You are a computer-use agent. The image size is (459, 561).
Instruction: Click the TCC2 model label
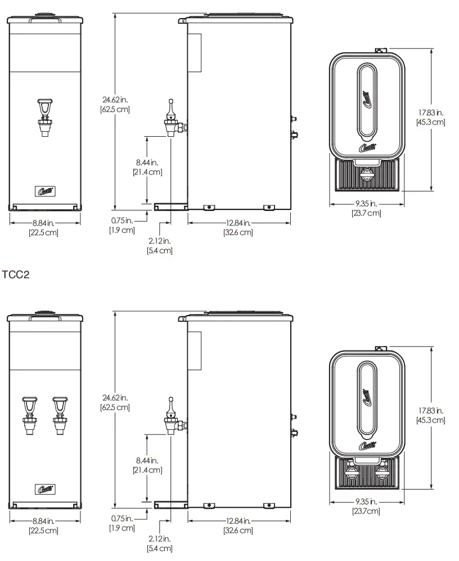(x=15, y=275)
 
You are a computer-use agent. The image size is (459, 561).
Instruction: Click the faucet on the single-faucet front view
(x=44, y=117)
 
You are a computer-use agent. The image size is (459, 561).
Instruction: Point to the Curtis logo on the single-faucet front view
(x=44, y=191)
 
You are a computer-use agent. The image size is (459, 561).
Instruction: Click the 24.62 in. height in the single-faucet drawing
(x=115, y=100)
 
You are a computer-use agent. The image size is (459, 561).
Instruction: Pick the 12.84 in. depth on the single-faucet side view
(x=238, y=223)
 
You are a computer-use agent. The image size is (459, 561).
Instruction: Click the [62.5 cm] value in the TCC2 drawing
(x=115, y=407)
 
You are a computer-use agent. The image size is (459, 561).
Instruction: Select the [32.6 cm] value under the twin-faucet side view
(x=238, y=530)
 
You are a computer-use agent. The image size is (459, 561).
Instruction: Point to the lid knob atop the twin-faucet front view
(x=43, y=311)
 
